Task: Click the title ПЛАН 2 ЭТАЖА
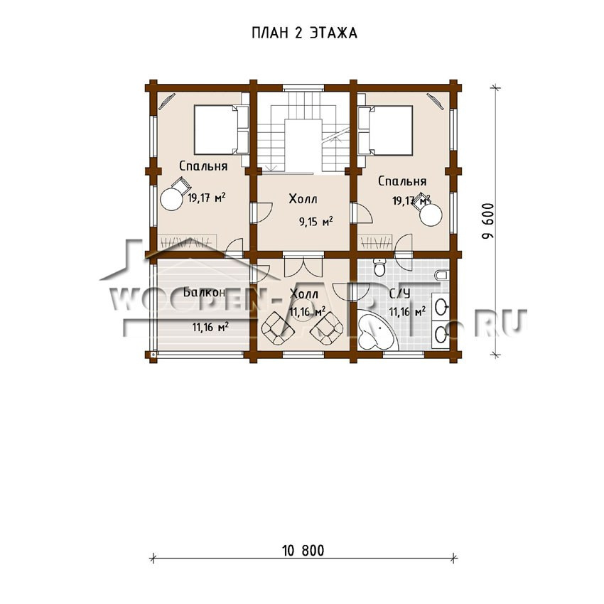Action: pyautogui.click(x=304, y=33)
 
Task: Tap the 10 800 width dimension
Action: pyautogui.click(x=303, y=551)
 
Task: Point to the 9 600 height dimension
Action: pyautogui.click(x=488, y=221)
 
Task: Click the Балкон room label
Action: pyautogui.click(x=204, y=292)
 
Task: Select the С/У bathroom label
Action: pyautogui.click(x=399, y=293)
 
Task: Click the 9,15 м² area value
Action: pyautogui.click(x=316, y=222)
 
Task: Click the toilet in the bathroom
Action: pyautogui.click(x=380, y=267)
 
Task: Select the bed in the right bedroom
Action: pyautogui.click(x=385, y=130)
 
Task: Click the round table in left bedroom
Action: pyautogui.click(x=171, y=199)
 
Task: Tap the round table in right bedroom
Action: pyautogui.click(x=431, y=214)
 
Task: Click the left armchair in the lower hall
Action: pyautogui.click(x=278, y=328)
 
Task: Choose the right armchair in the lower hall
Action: pyautogui.click(x=327, y=328)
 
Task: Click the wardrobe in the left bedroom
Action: pyautogui.click(x=187, y=242)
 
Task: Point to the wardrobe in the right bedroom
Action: pyautogui.click(x=377, y=242)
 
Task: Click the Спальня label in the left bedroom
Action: pyautogui.click(x=203, y=166)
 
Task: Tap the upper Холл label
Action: pyautogui.click(x=303, y=199)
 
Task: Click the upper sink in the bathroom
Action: pyautogui.click(x=441, y=307)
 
